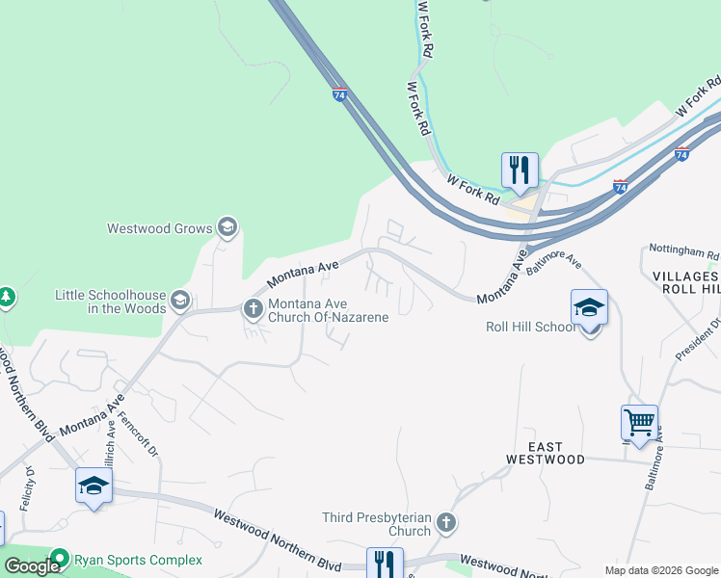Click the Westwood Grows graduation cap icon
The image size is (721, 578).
coord(227,227)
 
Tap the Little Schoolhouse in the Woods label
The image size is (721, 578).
coord(110,302)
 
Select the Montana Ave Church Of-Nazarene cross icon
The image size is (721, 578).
coord(254,309)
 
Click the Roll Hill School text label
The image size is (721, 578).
coord(530,327)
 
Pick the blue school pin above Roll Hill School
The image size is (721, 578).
coord(589,308)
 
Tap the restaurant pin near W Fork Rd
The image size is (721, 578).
coord(520,171)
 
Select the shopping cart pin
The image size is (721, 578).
coord(639,422)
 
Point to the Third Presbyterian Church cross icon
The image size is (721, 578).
coord(444,523)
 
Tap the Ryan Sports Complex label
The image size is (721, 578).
coord(140,560)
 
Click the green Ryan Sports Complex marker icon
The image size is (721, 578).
coord(61,559)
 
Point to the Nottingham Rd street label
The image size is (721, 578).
coord(684,254)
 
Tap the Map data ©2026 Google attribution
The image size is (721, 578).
coord(660,570)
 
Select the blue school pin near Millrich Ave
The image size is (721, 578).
coord(93,486)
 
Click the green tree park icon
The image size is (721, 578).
coord(6,297)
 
